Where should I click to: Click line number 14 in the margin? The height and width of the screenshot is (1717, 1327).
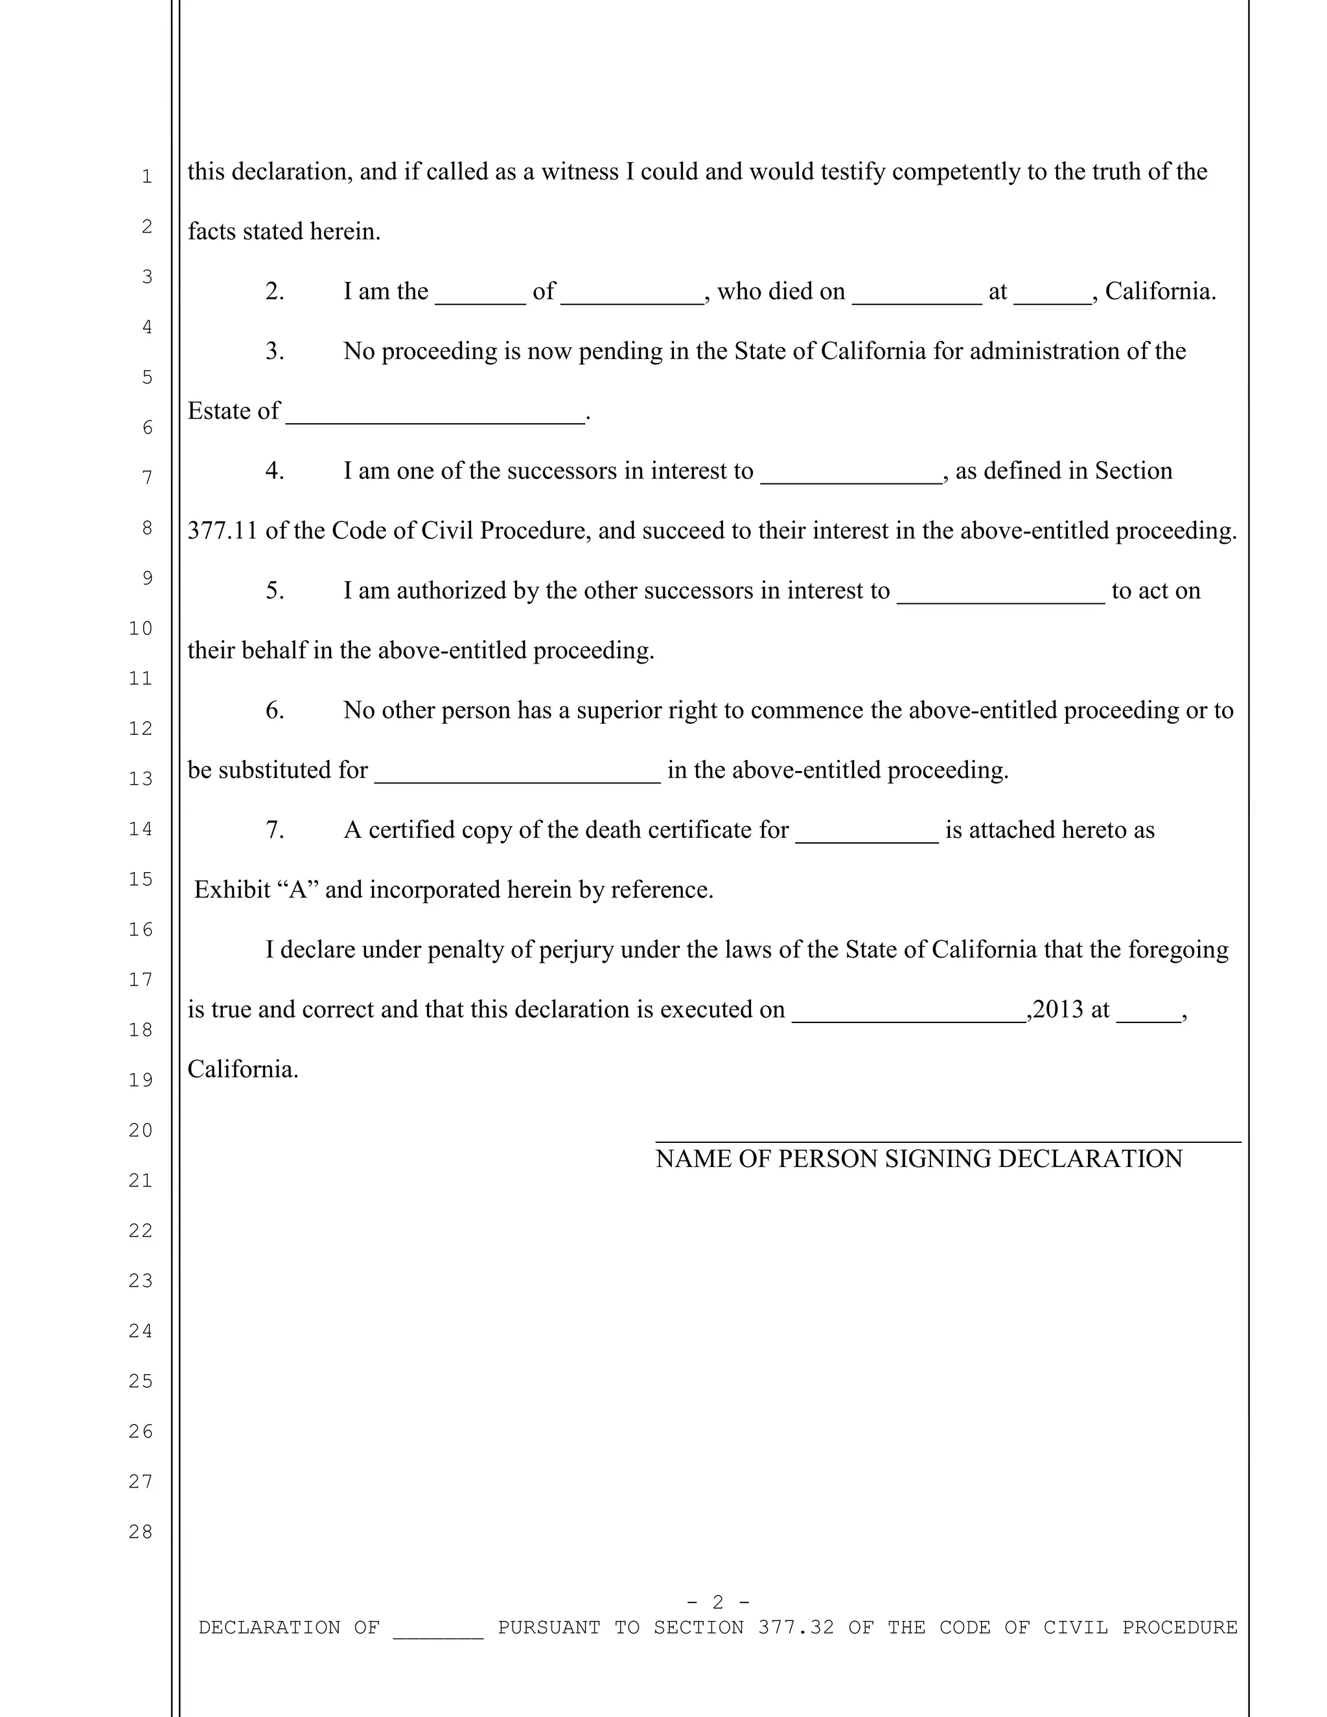140,829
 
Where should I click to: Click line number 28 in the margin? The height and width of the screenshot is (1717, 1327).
140,1532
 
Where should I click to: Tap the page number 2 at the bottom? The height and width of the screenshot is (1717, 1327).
717,1602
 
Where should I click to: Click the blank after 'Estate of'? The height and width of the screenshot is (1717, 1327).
435,417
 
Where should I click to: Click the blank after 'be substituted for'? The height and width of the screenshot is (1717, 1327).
517,775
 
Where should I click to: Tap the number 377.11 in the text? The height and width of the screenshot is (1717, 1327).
222,531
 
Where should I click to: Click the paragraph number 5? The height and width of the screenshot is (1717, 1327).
274,590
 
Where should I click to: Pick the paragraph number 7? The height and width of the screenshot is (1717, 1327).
274,830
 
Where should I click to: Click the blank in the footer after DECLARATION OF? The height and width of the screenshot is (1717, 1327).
438,1629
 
